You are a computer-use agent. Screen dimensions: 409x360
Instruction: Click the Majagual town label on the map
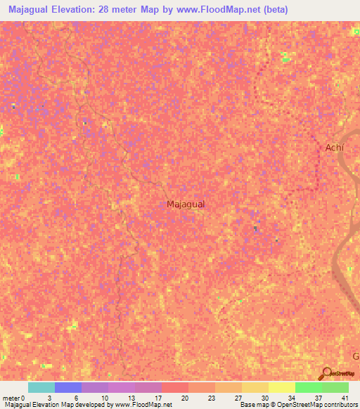tap(186, 204)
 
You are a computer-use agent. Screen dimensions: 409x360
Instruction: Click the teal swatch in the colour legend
tap(41, 387)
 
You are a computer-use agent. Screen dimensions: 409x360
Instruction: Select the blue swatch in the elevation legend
tap(68, 387)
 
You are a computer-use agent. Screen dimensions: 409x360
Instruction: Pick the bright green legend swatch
tap(309, 387)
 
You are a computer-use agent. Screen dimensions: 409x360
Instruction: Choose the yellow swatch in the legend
tap(282, 387)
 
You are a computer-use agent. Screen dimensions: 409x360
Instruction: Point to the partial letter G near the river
tap(356, 356)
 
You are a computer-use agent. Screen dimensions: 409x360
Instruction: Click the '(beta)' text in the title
tap(273, 11)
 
